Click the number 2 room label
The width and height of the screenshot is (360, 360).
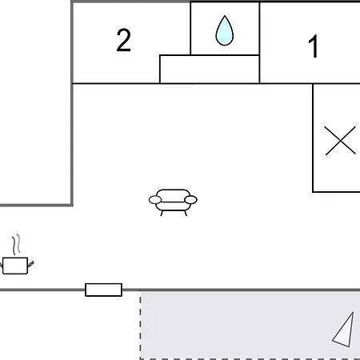coord(124,40)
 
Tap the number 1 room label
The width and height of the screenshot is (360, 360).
coord(314,46)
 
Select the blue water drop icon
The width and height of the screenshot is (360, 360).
coord(225,30)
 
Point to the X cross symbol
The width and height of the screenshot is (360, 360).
coord(341,141)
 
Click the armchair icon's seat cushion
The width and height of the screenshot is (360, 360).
coord(173,206)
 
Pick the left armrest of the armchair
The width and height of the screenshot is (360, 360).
coord(155,200)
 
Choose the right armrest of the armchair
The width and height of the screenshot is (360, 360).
coord(190,200)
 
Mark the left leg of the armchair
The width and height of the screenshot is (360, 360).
coord(162,213)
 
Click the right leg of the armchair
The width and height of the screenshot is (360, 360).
coord(186,213)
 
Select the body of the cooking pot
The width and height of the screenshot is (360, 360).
coord(15,266)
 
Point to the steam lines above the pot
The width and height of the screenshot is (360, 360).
coord(16,245)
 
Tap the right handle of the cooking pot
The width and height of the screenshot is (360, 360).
coord(30,264)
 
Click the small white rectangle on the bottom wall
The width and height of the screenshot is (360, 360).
coord(104,290)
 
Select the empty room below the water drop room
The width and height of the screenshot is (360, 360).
coord(210,70)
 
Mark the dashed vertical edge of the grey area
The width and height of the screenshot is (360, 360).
coord(141,325)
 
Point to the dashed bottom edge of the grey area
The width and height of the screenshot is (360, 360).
coord(250,358)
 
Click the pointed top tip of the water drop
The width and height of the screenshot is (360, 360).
coord(225,16)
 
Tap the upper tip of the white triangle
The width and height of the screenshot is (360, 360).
coord(354,312)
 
